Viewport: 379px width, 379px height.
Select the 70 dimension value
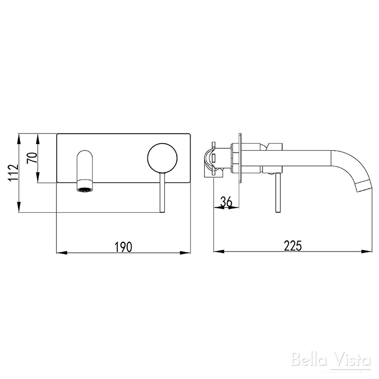[32, 158]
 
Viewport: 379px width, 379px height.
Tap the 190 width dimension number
[123, 247]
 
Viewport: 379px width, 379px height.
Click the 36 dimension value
[226, 202]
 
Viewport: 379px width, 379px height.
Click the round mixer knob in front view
[162, 158]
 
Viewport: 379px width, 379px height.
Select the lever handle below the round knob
[162, 193]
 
